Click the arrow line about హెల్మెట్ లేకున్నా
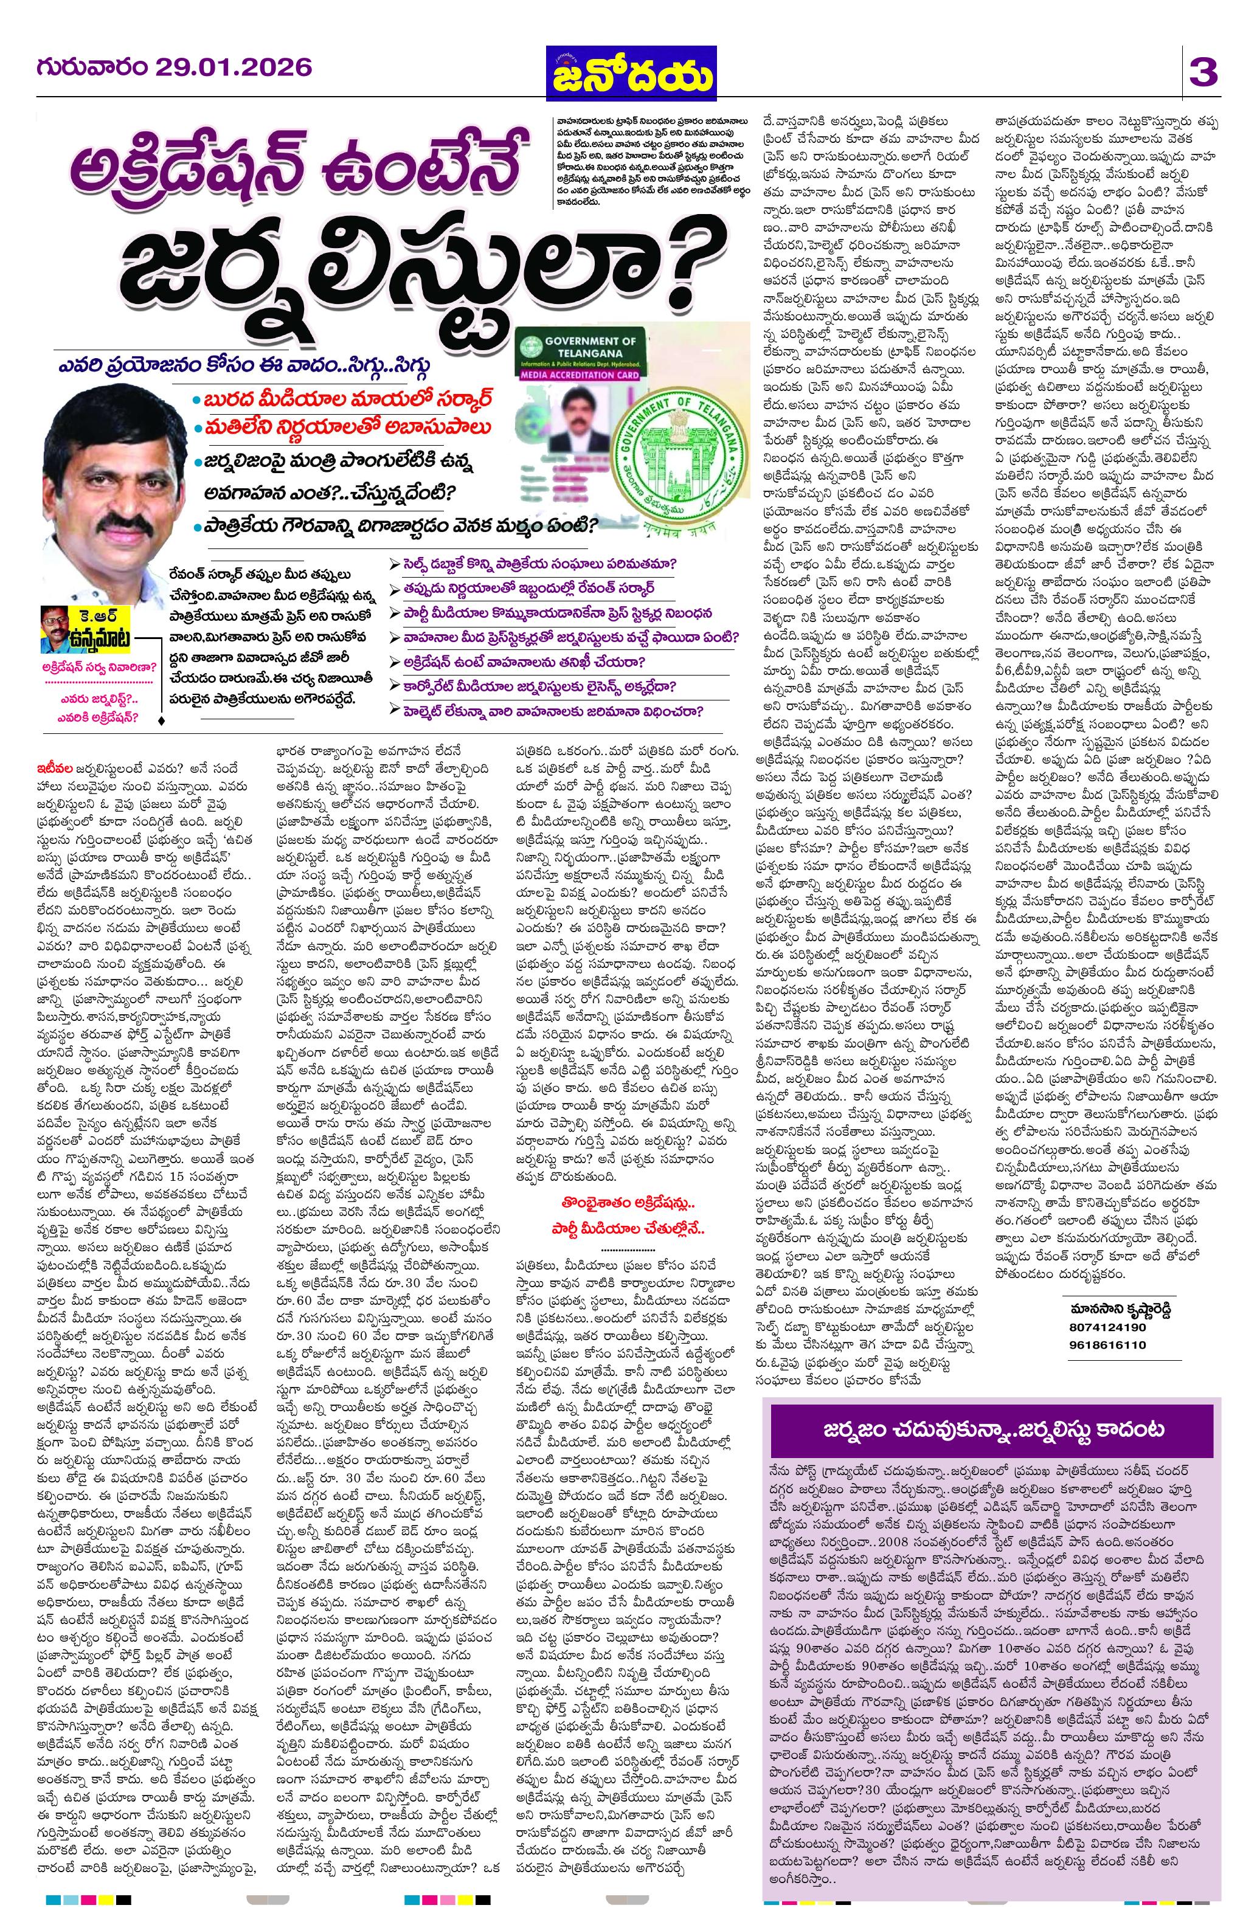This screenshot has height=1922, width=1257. pyautogui.click(x=547, y=711)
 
